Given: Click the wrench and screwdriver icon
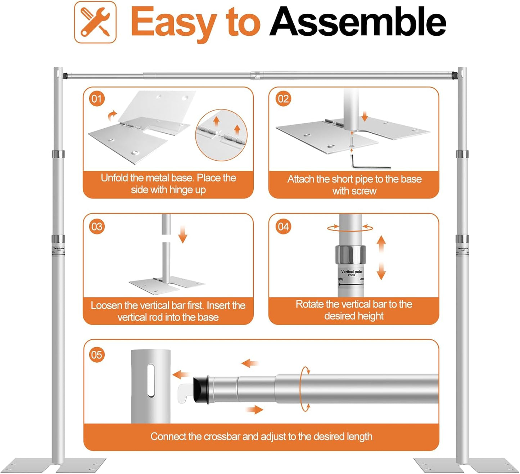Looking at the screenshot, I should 95,22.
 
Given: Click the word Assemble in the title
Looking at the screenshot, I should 358,22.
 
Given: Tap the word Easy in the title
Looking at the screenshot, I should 172,22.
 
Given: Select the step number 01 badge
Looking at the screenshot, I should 97,99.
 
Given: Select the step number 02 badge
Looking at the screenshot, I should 283,99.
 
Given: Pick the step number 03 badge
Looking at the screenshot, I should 97,227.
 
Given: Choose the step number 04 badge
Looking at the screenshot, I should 283,227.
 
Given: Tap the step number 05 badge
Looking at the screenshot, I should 97,355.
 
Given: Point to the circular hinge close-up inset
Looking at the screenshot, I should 221,135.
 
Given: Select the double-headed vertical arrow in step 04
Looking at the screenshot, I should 381,258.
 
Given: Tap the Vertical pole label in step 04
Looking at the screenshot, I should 351,272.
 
